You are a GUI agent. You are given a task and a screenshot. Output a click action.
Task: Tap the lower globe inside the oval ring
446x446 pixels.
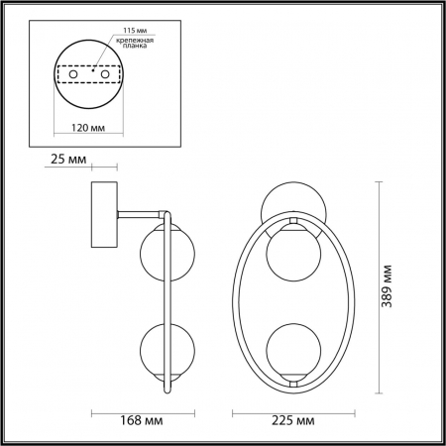pos(291,347)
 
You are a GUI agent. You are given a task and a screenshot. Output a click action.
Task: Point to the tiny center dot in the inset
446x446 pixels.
pos(91,70)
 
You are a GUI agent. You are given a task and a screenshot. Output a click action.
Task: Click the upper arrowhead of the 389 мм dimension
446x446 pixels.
pos(383,184)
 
